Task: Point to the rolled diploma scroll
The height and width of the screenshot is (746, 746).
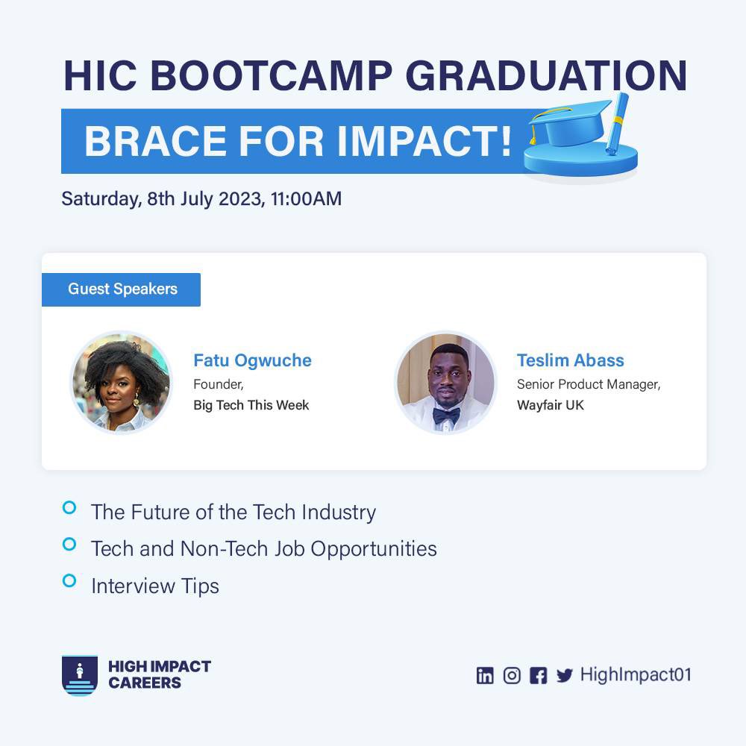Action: pos(618,123)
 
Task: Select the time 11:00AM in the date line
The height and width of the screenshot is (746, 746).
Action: pos(307,199)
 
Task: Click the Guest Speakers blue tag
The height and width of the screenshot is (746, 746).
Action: pos(122,289)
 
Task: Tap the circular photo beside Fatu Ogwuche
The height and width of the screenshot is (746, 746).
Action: pos(121,383)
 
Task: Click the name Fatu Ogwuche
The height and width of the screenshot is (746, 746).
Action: pos(252,360)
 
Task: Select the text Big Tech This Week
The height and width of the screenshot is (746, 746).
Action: pos(251,405)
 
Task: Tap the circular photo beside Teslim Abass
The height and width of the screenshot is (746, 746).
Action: pos(445,383)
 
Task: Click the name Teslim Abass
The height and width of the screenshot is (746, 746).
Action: pos(570,360)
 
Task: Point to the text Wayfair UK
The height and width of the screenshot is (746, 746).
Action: pos(550,405)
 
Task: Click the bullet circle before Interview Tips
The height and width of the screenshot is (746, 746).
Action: pos(69,580)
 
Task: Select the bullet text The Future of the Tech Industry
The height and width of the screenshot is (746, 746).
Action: pos(233,512)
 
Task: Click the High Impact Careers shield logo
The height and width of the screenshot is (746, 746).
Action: pos(79,675)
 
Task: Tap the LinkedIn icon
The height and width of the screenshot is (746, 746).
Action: pos(485,676)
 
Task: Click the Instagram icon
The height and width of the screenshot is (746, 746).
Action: pos(512,676)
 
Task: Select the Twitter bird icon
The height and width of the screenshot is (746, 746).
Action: pos(565,676)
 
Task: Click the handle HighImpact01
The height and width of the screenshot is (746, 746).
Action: pos(635,675)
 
